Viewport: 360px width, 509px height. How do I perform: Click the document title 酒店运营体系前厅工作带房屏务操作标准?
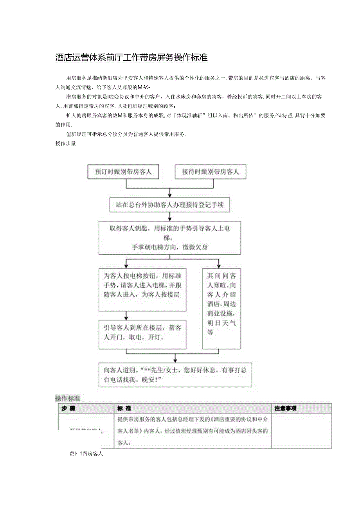pos(131,58)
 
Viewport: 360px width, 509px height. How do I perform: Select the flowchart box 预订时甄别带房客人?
pos(123,172)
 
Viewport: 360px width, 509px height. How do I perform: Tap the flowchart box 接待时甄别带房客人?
pos(210,172)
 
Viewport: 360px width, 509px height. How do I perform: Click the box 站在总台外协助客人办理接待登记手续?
pos(169,205)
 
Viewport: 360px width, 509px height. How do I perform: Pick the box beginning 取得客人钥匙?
pos(169,237)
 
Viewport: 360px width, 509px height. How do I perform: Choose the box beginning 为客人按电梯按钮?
pos(142,290)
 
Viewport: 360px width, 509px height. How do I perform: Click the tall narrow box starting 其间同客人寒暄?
pos(221,308)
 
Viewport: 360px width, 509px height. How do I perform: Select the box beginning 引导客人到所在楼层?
pos(142,335)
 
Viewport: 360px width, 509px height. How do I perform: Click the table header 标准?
pos(124,408)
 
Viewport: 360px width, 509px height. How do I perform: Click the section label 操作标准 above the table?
pos(68,398)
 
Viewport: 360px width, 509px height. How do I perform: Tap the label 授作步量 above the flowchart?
pos(65,144)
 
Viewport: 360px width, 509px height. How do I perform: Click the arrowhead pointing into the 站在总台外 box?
pos(169,195)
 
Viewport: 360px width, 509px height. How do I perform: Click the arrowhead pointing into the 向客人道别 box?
pos(175,360)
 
